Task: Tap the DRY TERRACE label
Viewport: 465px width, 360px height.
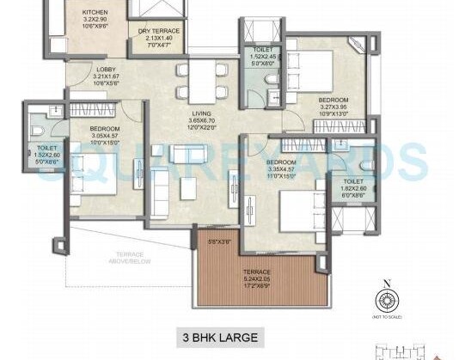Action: (x=159, y=31)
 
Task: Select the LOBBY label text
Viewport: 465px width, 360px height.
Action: (x=107, y=70)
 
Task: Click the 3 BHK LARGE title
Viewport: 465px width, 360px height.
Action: (x=218, y=336)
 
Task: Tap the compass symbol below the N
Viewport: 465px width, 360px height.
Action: (x=387, y=302)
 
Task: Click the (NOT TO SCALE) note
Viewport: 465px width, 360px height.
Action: (x=387, y=319)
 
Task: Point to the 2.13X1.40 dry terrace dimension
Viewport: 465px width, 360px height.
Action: (x=159, y=39)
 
